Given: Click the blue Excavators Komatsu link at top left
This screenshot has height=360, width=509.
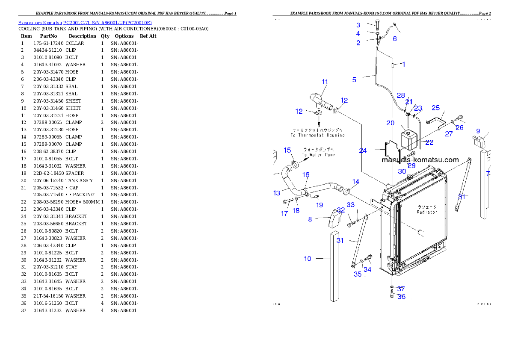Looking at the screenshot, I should click(85, 23).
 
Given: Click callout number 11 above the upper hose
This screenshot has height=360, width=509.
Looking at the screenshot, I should click(325, 82).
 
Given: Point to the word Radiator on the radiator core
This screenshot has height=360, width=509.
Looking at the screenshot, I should click(427, 212).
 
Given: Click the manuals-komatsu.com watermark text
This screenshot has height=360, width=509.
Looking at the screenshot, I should click(420, 160).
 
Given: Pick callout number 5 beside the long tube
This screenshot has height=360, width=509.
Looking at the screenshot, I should click(354, 79).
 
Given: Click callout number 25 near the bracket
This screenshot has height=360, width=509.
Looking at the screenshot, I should click(435, 108).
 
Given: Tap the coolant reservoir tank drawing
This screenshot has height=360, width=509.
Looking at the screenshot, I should click(409, 139).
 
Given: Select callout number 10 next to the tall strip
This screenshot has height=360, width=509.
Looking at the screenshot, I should click(308, 259).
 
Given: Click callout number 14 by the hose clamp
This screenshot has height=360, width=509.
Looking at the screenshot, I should click(356, 182).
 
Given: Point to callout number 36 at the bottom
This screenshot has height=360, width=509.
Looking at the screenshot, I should click(401, 297).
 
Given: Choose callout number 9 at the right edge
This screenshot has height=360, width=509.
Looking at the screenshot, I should click(478, 131).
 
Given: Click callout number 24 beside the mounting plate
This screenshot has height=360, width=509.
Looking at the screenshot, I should click(363, 150).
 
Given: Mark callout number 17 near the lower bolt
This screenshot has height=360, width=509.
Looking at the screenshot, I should click(284, 214).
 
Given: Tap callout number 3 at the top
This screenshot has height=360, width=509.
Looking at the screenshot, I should click(358, 25).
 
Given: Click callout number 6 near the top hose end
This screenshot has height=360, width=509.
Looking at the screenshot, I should click(394, 38).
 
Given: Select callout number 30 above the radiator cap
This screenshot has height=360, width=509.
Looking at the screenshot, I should click(402, 171).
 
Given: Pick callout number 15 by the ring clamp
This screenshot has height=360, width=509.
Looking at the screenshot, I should click(287, 150).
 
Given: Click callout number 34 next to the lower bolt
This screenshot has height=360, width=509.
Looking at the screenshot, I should click(367, 269).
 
